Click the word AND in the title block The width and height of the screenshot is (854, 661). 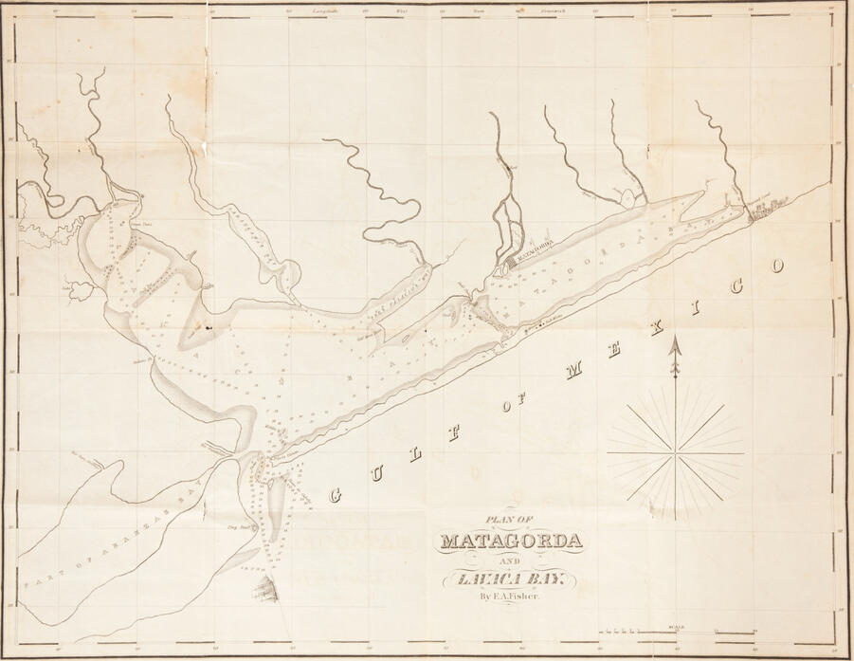[x=510, y=560]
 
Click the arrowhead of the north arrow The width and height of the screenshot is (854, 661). [x=675, y=348]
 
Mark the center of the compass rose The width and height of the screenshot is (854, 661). [x=675, y=454]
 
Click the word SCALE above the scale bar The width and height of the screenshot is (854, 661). [x=675, y=624]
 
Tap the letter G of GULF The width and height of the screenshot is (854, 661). [x=335, y=494]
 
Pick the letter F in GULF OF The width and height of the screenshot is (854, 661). [x=454, y=433]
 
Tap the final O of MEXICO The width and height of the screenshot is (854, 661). [x=777, y=266]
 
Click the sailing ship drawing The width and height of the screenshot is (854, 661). [x=264, y=589]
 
